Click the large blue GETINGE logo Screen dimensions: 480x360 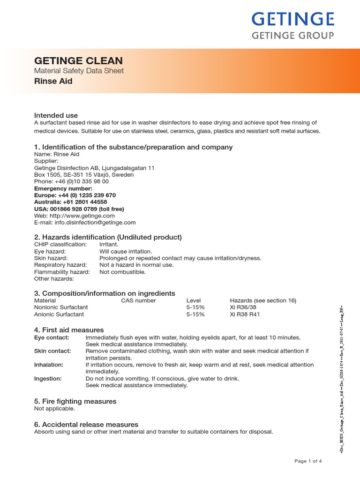pyautogui.click(x=293, y=19)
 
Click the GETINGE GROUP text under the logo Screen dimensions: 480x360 pyautogui.click(x=293, y=36)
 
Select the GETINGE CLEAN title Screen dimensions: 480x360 pyautogui.click(x=79, y=60)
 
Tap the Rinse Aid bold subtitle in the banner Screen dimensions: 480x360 pyautogui.click(x=53, y=81)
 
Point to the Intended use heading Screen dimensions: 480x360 pyautogui.click(x=56, y=115)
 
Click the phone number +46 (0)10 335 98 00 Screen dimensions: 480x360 pyautogui.click(x=72, y=181)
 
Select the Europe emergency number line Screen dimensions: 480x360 pyautogui.click(x=75, y=195)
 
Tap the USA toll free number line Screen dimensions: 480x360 pyautogui.click(x=86, y=209)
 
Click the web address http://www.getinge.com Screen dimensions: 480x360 pyautogui.click(x=75, y=216)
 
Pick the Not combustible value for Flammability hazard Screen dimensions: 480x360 pyautogui.click(x=122, y=272)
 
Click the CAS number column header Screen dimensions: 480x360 pyautogui.click(x=138, y=300)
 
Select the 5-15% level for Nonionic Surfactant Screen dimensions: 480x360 pyautogui.click(x=195, y=307)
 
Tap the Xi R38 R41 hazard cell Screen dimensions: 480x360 pyautogui.click(x=244, y=315)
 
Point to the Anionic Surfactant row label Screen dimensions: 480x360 pyautogui.click(x=59, y=315)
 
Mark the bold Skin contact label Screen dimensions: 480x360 pyautogui.click(x=52, y=351)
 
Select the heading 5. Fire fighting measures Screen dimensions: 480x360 pyautogui.click(x=75, y=401)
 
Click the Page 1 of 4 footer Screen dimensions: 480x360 pyautogui.click(x=308, y=461)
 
